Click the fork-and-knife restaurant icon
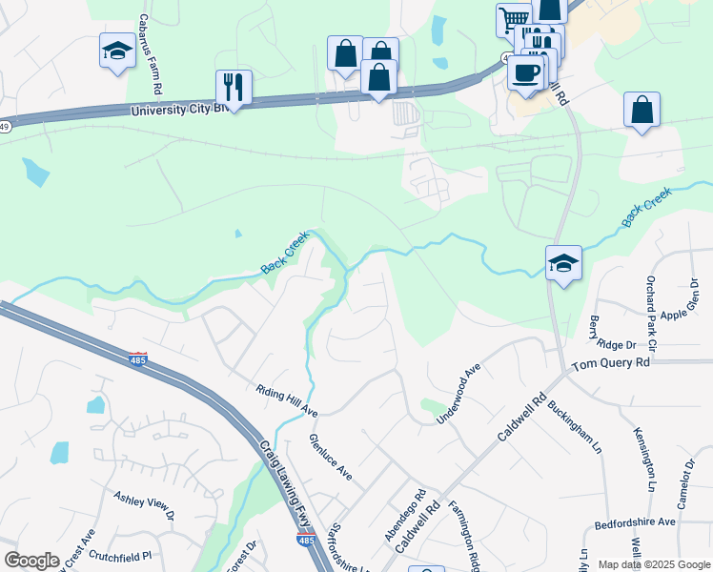[234, 87]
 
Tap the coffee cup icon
[526, 72]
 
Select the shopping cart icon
[513, 18]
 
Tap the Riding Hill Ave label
[286, 401]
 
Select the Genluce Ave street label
[330, 457]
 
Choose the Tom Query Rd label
[610, 363]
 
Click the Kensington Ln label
[645, 459]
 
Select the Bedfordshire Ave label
[635, 522]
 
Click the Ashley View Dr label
[144, 504]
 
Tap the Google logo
[31, 561]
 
